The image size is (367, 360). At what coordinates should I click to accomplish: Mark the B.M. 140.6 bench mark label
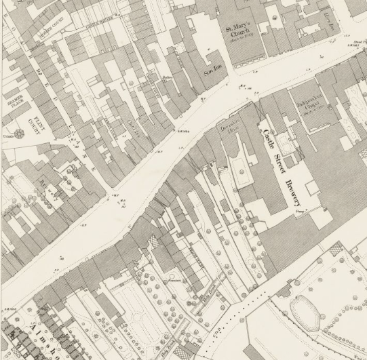(182, 130)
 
